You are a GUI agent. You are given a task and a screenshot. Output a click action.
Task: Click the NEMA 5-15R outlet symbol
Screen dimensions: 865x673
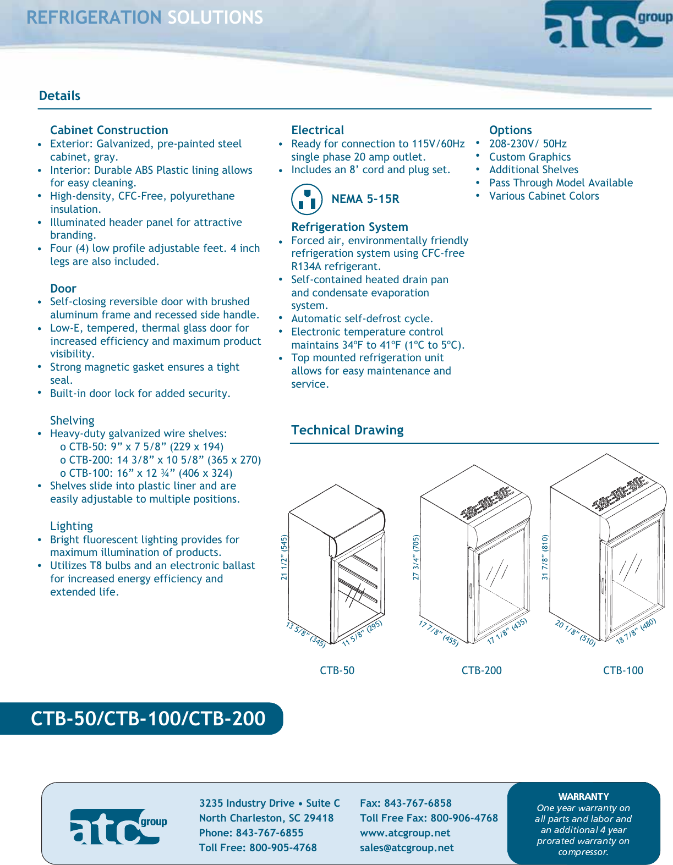pyautogui.click(x=307, y=199)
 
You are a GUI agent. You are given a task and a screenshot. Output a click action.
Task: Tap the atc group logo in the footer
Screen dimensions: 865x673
pyautogui.click(x=118, y=826)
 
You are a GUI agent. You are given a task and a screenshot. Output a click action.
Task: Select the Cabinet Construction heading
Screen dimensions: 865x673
pyautogui.click(x=109, y=130)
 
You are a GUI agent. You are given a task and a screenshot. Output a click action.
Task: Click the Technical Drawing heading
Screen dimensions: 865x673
pyautogui.click(x=347, y=430)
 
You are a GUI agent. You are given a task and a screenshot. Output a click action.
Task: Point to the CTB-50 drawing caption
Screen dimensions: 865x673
pyautogui.click(x=337, y=670)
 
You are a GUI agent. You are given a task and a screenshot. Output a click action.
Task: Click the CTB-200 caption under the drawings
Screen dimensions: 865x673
pyautogui.click(x=482, y=670)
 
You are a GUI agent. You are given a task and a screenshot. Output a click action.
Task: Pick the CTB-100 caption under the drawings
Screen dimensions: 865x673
pyautogui.click(x=623, y=670)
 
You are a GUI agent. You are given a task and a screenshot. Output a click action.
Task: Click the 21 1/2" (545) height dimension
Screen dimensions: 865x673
pyautogui.click(x=284, y=557)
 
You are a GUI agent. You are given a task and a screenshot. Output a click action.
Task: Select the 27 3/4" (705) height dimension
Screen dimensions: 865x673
pyautogui.click(x=416, y=557)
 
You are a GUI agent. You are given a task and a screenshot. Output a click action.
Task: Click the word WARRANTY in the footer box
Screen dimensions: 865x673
pyautogui.click(x=583, y=796)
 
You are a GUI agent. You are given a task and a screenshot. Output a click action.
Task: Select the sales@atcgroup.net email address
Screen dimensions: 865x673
pyautogui.click(x=407, y=847)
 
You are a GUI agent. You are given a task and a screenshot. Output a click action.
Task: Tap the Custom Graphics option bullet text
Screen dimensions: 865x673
pyautogui.click(x=529, y=157)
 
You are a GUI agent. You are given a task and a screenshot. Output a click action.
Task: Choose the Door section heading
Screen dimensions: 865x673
pyautogui.click(x=63, y=289)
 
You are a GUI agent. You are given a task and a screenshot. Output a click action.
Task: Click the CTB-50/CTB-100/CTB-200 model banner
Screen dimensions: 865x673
pyautogui.click(x=148, y=718)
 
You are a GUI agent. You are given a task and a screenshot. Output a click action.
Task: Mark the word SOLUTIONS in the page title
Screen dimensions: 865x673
pyautogui.click(x=215, y=18)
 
